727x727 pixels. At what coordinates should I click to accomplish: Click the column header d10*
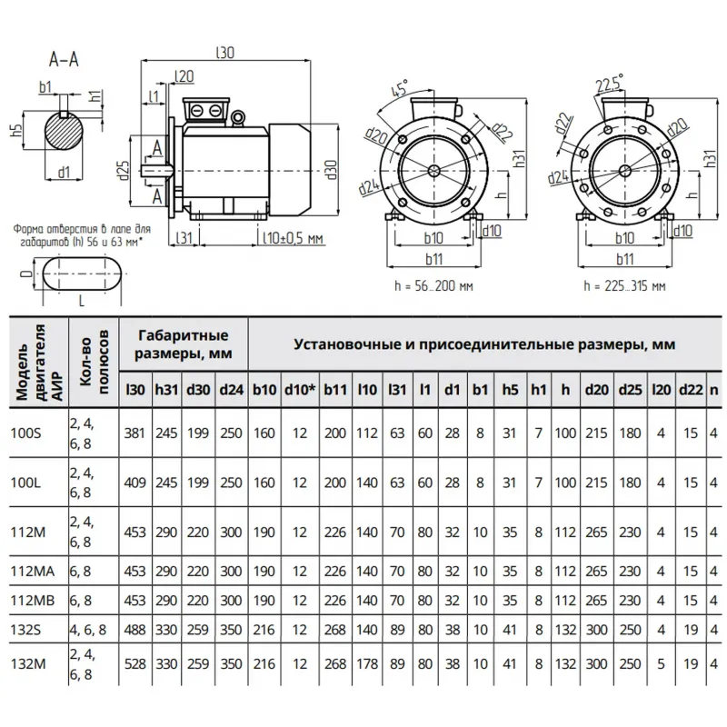click(299, 389)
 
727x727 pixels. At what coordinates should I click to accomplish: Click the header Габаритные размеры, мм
click(183, 344)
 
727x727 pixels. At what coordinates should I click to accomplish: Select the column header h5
click(509, 389)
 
